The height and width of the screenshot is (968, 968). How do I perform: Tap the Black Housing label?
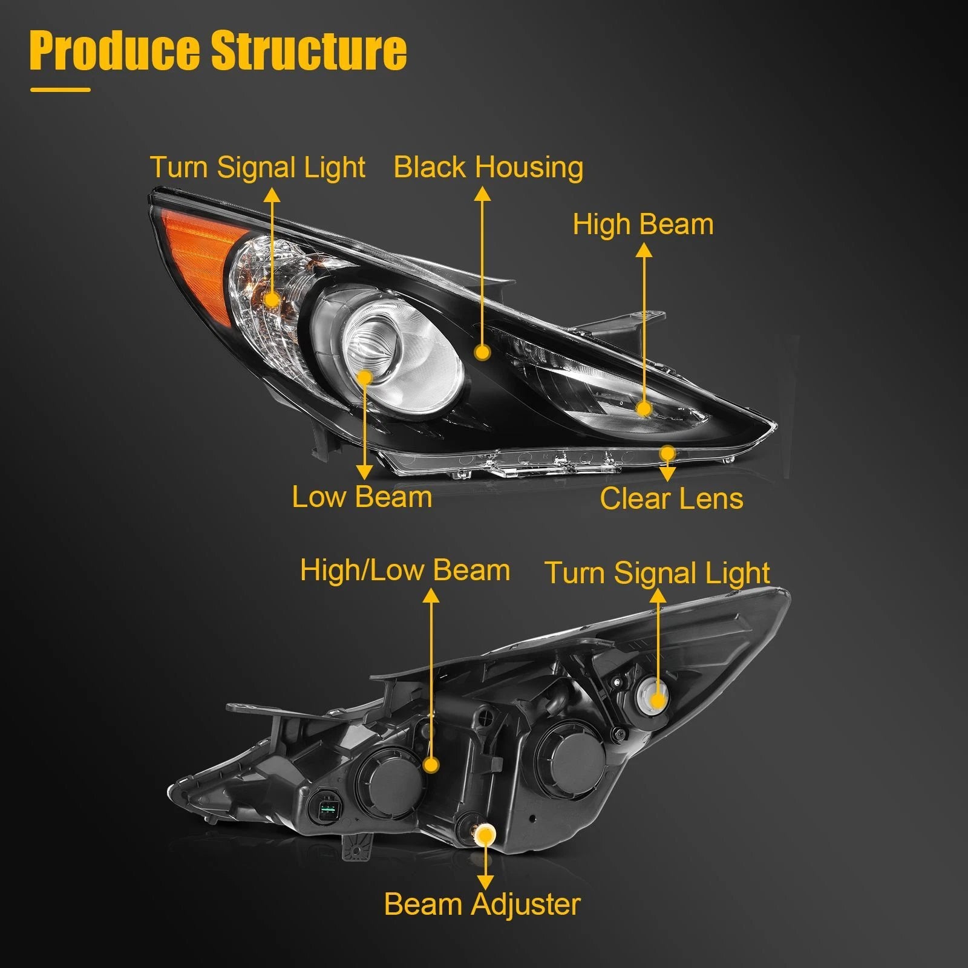point(488,168)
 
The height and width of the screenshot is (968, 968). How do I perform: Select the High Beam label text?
point(643,224)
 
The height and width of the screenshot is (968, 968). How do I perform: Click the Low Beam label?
point(362,497)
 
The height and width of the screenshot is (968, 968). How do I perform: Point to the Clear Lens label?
point(672,499)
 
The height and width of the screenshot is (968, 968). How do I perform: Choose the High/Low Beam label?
point(405,571)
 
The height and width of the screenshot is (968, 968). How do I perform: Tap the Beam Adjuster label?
point(482,904)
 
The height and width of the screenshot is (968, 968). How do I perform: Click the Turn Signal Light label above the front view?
point(258,168)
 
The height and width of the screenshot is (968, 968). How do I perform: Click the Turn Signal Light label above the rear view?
point(657,573)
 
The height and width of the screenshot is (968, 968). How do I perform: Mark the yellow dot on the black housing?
point(482,352)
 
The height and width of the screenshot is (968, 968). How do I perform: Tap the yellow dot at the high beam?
point(644,409)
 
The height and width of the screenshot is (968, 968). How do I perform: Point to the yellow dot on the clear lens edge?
point(667,453)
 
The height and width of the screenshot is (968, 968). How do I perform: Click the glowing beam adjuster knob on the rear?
point(485,836)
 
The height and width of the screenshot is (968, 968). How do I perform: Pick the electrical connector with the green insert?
point(327,807)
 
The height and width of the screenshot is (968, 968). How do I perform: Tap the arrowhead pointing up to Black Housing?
point(482,194)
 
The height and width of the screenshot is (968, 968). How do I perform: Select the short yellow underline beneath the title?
point(60,90)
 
